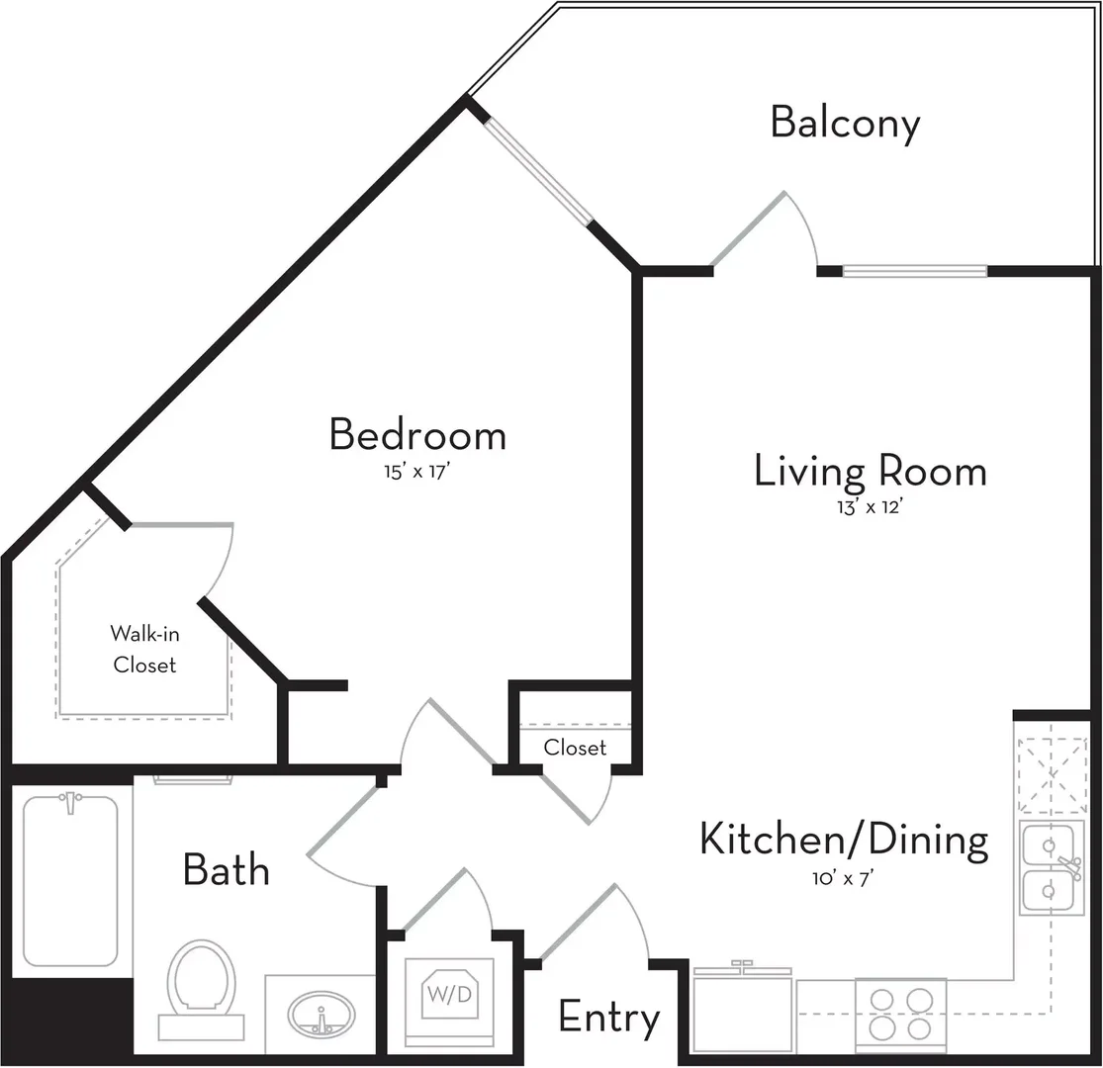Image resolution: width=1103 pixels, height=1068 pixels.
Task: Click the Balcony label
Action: click(x=845, y=124)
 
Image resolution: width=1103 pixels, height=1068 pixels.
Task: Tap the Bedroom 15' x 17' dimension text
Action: click(x=416, y=471)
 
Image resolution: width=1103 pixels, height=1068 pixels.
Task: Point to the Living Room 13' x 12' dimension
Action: click(x=870, y=507)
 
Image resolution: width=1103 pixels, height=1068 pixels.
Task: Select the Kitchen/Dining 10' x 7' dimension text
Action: click(x=843, y=878)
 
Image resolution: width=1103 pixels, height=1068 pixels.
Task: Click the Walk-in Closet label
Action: click(x=144, y=649)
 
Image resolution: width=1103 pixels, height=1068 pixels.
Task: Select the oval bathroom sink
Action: click(x=322, y=1015)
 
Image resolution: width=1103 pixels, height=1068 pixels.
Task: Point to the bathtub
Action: click(x=70, y=880)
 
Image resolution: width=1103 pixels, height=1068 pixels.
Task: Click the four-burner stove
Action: click(x=900, y=1015)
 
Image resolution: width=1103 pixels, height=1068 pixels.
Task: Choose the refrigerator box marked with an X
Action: click(x=1052, y=774)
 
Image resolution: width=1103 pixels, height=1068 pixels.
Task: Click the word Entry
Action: click(x=609, y=1017)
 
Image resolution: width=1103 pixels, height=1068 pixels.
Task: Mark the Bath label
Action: click(x=226, y=869)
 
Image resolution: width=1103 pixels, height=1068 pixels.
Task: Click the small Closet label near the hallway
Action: click(x=575, y=747)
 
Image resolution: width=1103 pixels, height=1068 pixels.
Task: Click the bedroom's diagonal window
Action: click(x=538, y=171)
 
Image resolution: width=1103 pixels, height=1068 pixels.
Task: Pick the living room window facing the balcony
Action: click(x=914, y=271)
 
